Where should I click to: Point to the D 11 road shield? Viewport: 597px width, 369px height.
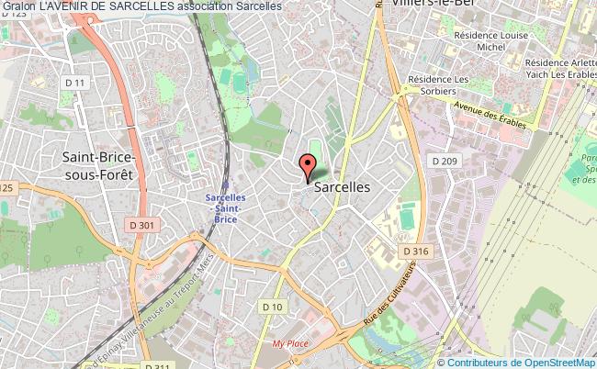coord(80,84)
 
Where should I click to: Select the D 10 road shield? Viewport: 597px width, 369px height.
coord(270,307)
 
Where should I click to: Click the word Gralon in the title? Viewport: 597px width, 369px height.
coord(17,7)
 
